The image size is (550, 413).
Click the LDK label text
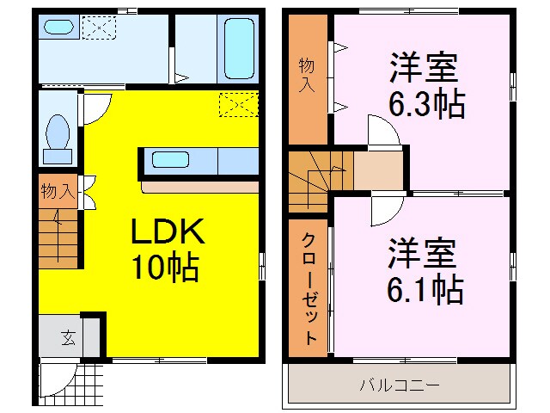167,231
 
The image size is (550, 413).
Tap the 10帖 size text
164,268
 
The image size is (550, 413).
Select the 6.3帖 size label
426,105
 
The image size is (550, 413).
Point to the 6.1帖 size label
425,288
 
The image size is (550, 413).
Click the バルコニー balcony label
399,384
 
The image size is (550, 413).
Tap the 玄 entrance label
67,336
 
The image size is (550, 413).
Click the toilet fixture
58,138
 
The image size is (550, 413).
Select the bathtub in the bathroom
235,46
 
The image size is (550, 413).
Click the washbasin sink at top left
59,27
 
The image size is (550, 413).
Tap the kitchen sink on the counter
171,159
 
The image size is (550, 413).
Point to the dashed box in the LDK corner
238,104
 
